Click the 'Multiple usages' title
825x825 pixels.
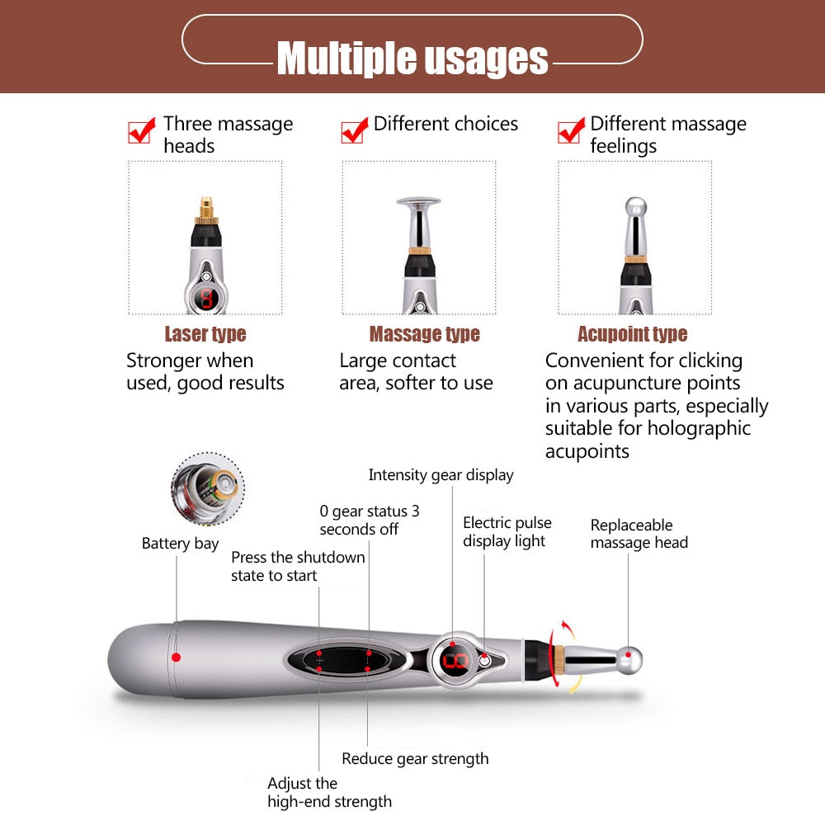[412, 58]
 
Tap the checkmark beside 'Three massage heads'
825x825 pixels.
[141, 130]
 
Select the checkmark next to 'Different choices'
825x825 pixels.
[355, 130]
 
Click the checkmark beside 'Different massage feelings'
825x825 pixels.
[571, 130]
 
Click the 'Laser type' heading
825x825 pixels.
[205, 334]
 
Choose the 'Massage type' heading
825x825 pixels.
[424, 334]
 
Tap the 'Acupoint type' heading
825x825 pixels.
[632, 334]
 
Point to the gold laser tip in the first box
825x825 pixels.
[205, 207]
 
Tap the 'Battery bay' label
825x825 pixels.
[180, 544]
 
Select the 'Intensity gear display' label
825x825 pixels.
[441, 475]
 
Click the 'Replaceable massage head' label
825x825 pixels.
[639, 534]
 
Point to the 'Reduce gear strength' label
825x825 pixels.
[415, 759]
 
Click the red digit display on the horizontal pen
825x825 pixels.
[455, 661]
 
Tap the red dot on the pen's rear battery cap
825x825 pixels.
[175, 658]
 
